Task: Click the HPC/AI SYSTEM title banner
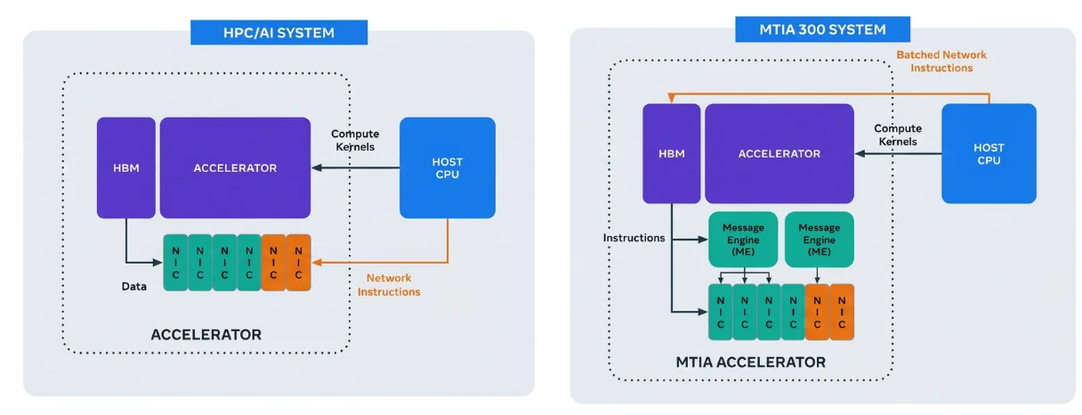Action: click(x=279, y=32)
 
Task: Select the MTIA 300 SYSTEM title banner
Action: click(x=822, y=29)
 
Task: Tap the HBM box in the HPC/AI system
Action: click(x=126, y=167)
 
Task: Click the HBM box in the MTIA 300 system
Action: click(x=672, y=153)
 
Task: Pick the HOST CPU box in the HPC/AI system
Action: click(x=448, y=167)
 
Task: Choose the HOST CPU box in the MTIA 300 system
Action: click(x=989, y=153)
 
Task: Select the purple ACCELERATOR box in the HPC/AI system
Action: click(x=235, y=167)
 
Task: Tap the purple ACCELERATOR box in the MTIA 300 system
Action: click(x=779, y=153)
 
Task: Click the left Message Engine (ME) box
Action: click(x=743, y=240)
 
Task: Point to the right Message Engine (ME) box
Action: click(x=820, y=240)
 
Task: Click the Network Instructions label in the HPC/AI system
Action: click(x=389, y=285)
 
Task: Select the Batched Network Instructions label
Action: click(x=941, y=61)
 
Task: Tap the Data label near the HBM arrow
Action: click(x=133, y=287)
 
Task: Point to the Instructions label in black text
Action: click(x=634, y=238)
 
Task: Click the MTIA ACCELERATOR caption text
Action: click(x=751, y=362)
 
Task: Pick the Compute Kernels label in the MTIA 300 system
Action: click(x=898, y=135)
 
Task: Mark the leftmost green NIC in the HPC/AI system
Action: click(x=175, y=263)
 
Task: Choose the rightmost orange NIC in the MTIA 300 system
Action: click(x=842, y=312)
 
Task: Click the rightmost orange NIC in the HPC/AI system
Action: click(x=298, y=263)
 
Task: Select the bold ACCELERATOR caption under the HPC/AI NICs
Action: click(x=206, y=335)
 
